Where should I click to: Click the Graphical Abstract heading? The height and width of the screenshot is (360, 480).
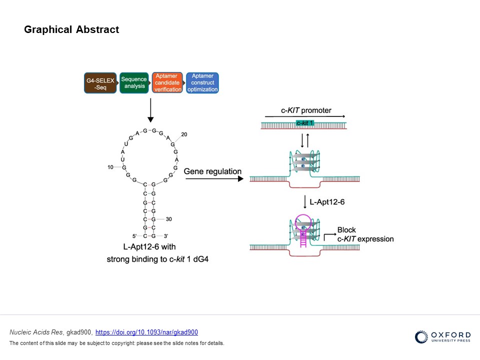pyautogui.click(x=71, y=29)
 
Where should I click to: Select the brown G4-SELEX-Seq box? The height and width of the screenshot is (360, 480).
pyautogui.click(x=100, y=83)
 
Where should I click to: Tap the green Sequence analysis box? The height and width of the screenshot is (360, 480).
pyautogui.click(x=134, y=82)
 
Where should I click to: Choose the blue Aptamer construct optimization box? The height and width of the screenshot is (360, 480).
pyautogui.click(x=202, y=83)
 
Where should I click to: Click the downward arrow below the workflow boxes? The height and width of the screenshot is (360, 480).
pyautogui.click(x=150, y=110)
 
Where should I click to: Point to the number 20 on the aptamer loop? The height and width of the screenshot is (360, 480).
pyautogui.click(x=184, y=134)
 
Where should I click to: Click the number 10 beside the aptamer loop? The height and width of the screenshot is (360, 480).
pyautogui.click(x=110, y=167)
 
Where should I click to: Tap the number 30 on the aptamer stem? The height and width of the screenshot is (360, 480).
pyautogui.click(x=169, y=219)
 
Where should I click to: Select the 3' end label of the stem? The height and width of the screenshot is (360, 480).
pyautogui.click(x=165, y=235)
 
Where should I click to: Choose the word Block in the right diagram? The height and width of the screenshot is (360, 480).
pyautogui.click(x=346, y=230)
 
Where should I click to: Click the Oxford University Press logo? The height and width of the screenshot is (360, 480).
pyautogui.click(x=442, y=337)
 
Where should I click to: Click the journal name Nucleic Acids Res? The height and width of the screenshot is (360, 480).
pyautogui.click(x=31, y=332)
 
